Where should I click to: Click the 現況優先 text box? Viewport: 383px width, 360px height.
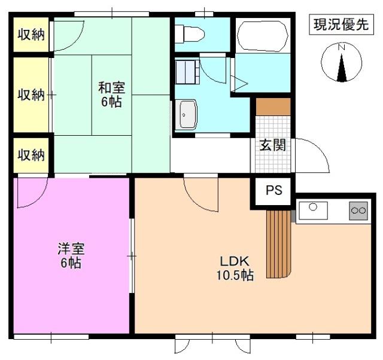click(341, 25)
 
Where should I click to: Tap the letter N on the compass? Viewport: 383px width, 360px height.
click(341, 47)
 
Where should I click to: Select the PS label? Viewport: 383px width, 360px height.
click(274, 190)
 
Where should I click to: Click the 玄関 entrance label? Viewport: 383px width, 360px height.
click(272, 145)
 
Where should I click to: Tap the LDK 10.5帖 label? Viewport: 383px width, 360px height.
click(235, 269)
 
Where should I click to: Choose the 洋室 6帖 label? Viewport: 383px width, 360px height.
click(71, 255)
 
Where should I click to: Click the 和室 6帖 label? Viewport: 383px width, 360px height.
click(112, 94)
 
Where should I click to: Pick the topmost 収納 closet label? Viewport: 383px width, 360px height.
click(31, 35)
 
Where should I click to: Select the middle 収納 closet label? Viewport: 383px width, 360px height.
click(31, 94)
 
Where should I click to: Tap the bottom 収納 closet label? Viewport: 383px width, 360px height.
click(31, 155)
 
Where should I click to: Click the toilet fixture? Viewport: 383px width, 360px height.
click(190, 34)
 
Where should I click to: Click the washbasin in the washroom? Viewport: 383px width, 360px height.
click(188, 114)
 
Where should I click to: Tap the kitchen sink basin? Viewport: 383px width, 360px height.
click(313, 210)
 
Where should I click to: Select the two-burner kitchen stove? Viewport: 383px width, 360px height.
click(358, 210)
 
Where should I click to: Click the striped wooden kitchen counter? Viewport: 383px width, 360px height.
click(279, 244)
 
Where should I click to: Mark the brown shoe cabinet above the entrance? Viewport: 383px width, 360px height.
click(273, 107)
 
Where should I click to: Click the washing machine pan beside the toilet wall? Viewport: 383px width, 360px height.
click(187, 72)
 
